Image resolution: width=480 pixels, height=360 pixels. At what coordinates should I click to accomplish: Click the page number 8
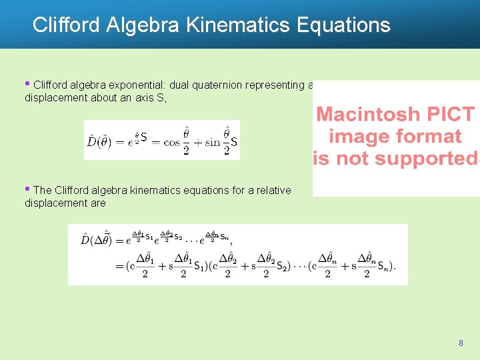(x=461, y=343)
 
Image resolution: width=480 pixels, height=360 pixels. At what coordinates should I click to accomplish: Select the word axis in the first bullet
(x=139, y=98)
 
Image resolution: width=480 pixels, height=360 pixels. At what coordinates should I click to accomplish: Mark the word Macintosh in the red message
(x=368, y=114)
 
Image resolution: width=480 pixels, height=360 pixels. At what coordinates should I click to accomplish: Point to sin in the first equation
(x=211, y=141)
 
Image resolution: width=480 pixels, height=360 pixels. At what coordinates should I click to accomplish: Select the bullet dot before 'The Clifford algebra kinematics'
(x=27, y=189)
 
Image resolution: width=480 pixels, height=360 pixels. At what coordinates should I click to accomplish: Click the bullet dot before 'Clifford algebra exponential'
(x=27, y=83)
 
